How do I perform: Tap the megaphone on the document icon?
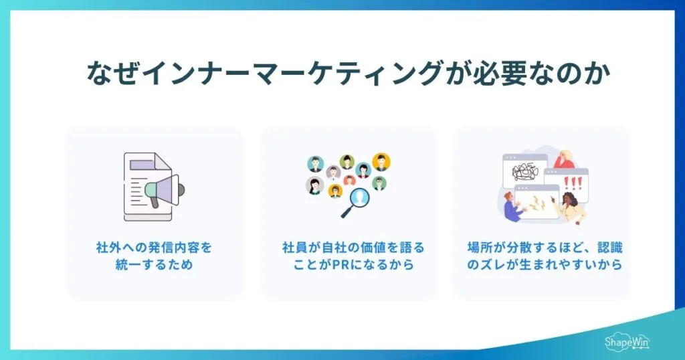[x=163, y=187]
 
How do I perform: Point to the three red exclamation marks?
[x=574, y=183]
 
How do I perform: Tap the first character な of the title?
[x=100, y=74]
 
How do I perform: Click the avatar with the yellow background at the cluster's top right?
[x=381, y=162]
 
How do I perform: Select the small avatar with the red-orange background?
[x=350, y=180]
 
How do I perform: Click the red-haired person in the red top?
[x=564, y=159]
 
